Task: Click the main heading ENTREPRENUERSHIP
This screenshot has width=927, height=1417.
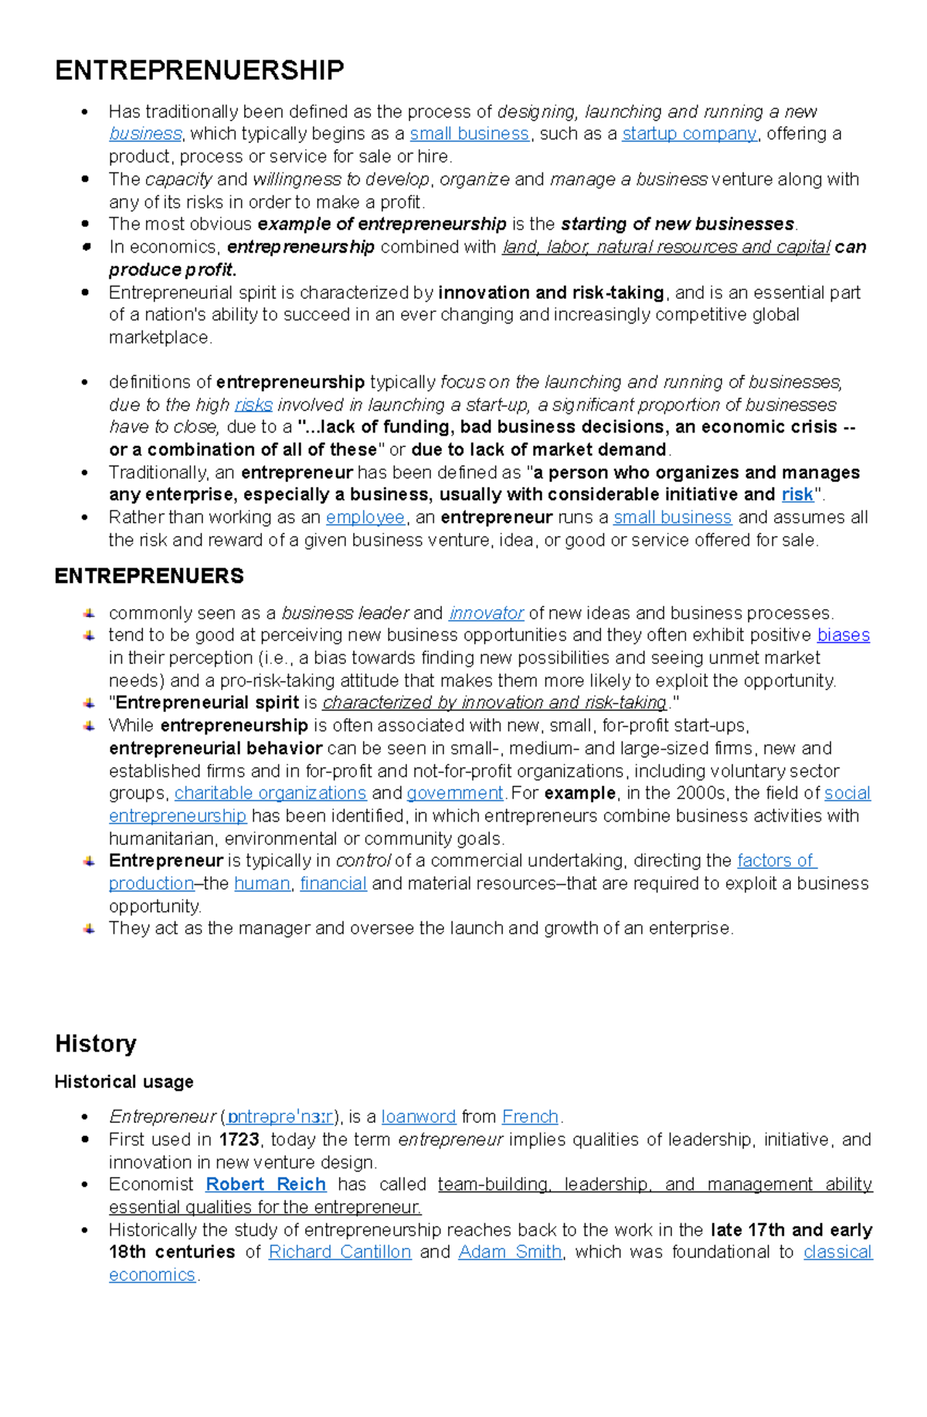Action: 199,70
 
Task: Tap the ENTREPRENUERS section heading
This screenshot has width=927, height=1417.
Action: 149,576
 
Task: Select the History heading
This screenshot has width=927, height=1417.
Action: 96,1043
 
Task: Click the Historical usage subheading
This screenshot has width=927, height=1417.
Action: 124,1082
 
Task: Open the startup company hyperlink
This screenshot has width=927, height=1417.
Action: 689,134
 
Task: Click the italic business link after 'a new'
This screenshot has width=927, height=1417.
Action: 145,134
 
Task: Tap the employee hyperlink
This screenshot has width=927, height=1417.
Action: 365,517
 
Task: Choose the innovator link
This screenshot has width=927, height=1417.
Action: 486,613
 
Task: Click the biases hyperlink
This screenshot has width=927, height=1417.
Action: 844,636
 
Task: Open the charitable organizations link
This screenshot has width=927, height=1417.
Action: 270,793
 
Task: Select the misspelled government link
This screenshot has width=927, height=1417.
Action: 455,793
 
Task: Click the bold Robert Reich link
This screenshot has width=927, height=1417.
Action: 266,1185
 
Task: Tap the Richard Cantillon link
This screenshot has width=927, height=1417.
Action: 340,1252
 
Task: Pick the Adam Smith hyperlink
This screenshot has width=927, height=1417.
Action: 510,1252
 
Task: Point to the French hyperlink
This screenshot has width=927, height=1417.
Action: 530,1117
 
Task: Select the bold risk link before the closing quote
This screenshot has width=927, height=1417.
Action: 797,494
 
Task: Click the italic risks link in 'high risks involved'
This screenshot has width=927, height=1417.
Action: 253,405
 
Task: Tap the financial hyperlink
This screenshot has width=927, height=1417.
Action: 333,883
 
